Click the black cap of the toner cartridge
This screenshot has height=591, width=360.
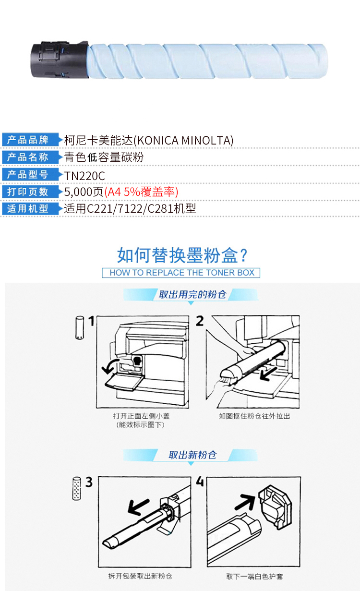(x=60, y=60)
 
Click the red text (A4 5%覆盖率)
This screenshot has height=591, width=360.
(x=142, y=192)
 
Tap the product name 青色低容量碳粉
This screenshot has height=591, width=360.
(x=104, y=157)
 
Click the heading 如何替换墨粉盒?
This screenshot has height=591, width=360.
(x=182, y=255)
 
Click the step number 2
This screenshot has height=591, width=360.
(x=200, y=321)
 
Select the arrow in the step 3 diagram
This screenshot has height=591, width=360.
(x=138, y=507)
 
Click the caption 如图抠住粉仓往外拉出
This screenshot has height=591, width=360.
(x=254, y=416)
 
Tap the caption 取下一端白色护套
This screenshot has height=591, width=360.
(x=254, y=577)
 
